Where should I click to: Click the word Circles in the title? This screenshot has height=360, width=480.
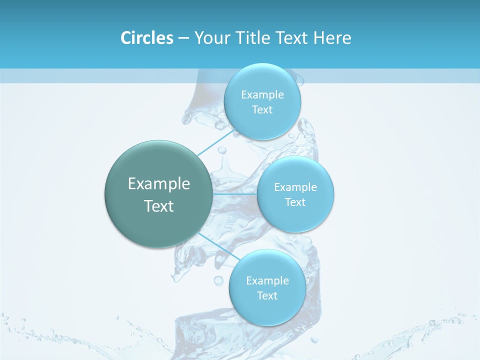click(146, 38)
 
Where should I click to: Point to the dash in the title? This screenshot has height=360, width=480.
click(183, 38)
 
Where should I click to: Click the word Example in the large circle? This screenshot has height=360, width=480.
click(159, 184)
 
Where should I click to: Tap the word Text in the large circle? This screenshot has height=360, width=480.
click(159, 206)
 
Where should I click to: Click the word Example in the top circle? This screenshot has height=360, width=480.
click(262, 95)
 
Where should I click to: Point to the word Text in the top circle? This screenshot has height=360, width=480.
click(262, 110)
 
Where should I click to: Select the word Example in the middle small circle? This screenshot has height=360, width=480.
click(295, 187)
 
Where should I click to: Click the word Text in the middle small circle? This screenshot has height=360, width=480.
click(295, 202)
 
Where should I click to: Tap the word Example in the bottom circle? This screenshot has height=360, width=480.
click(267, 280)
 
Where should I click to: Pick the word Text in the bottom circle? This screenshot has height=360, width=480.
click(267, 295)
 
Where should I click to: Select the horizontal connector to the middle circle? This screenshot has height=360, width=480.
click(235, 193)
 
